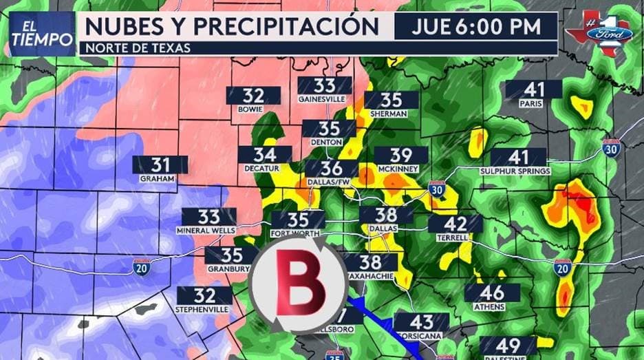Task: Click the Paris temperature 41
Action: click(x=533, y=89)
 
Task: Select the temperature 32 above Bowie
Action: click(x=253, y=96)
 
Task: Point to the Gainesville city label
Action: click(x=325, y=99)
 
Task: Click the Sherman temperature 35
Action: click(x=391, y=100)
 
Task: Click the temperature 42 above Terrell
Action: click(x=455, y=224)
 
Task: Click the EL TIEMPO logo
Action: click(x=41, y=34)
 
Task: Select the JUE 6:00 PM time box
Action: click(x=475, y=27)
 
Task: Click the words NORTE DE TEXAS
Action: click(x=133, y=48)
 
